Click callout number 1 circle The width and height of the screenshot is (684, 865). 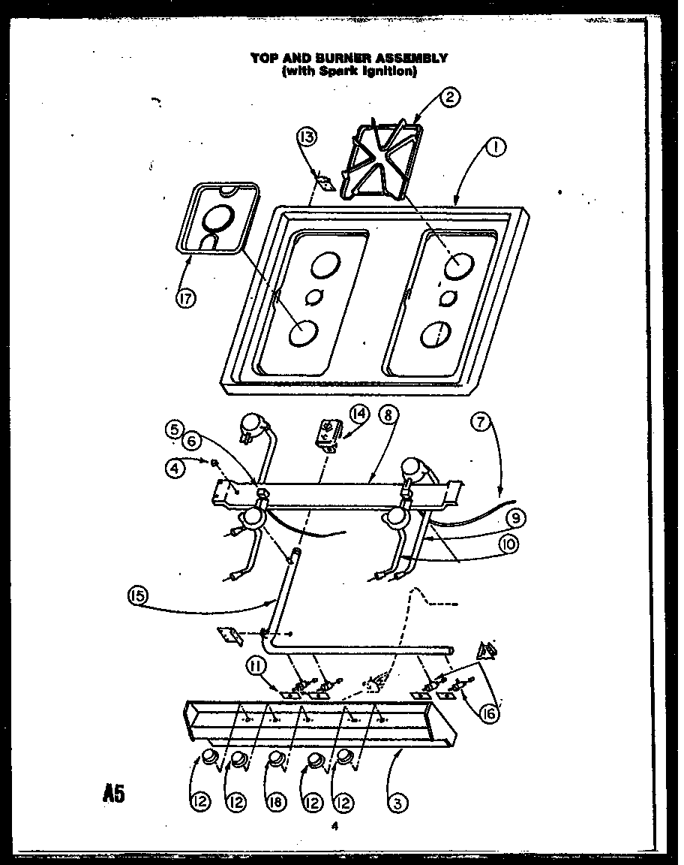494,148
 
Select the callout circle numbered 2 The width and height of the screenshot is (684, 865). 450,97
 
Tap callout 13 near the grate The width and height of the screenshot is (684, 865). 307,137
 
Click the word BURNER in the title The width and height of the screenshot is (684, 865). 334,58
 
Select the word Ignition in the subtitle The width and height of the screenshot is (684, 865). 389,71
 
